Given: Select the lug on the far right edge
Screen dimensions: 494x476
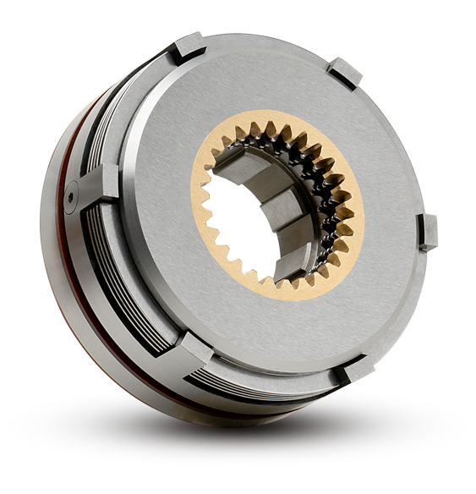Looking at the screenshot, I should pyautogui.click(x=429, y=231).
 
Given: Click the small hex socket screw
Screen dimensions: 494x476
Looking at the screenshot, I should pyautogui.click(x=71, y=196).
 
